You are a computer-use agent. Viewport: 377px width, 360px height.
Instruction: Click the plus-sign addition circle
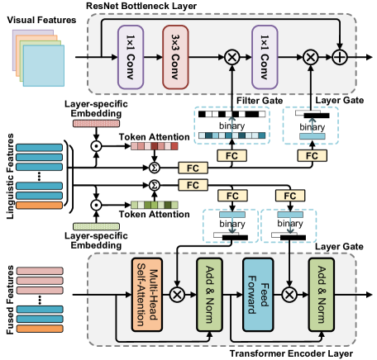point(340,56)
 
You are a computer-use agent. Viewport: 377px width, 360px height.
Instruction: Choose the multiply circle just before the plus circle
point(310,56)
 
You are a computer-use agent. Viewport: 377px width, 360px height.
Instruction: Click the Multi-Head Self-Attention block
point(146,293)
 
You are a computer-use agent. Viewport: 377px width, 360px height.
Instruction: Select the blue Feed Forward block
point(256,293)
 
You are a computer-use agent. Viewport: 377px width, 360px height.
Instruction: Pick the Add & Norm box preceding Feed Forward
point(210,293)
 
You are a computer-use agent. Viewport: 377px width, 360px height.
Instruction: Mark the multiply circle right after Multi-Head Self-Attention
point(176,293)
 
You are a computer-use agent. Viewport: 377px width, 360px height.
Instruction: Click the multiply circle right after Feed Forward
point(289,293)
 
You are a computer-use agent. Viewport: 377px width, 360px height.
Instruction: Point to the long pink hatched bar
point(96,124)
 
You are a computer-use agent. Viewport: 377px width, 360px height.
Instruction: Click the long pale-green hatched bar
point(96,226)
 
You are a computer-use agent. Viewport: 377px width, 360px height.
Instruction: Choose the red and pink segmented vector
point(154,146)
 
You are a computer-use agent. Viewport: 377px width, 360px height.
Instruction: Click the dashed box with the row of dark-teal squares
point(231,126)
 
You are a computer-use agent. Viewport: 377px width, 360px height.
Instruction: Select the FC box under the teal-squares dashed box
point(232,155)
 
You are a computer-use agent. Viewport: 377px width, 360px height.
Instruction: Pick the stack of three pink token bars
point(40,280)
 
